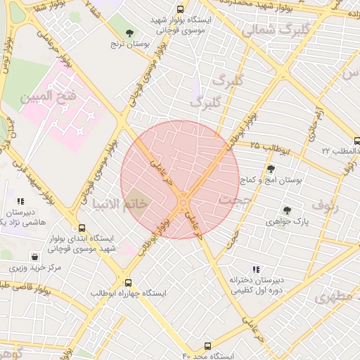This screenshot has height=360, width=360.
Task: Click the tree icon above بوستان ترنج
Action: coord(129,32)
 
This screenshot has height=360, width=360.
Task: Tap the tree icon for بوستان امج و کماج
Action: coord(271,168)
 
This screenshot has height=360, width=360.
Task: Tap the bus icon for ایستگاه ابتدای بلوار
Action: coord(82,228)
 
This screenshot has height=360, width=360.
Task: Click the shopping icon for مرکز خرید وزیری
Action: coord(34,257)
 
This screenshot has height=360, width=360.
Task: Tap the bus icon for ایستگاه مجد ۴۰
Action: coord(207,345)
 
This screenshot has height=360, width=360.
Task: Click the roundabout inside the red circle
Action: coord(183,204)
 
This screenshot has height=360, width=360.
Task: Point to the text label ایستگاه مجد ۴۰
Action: coord(205,356)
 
